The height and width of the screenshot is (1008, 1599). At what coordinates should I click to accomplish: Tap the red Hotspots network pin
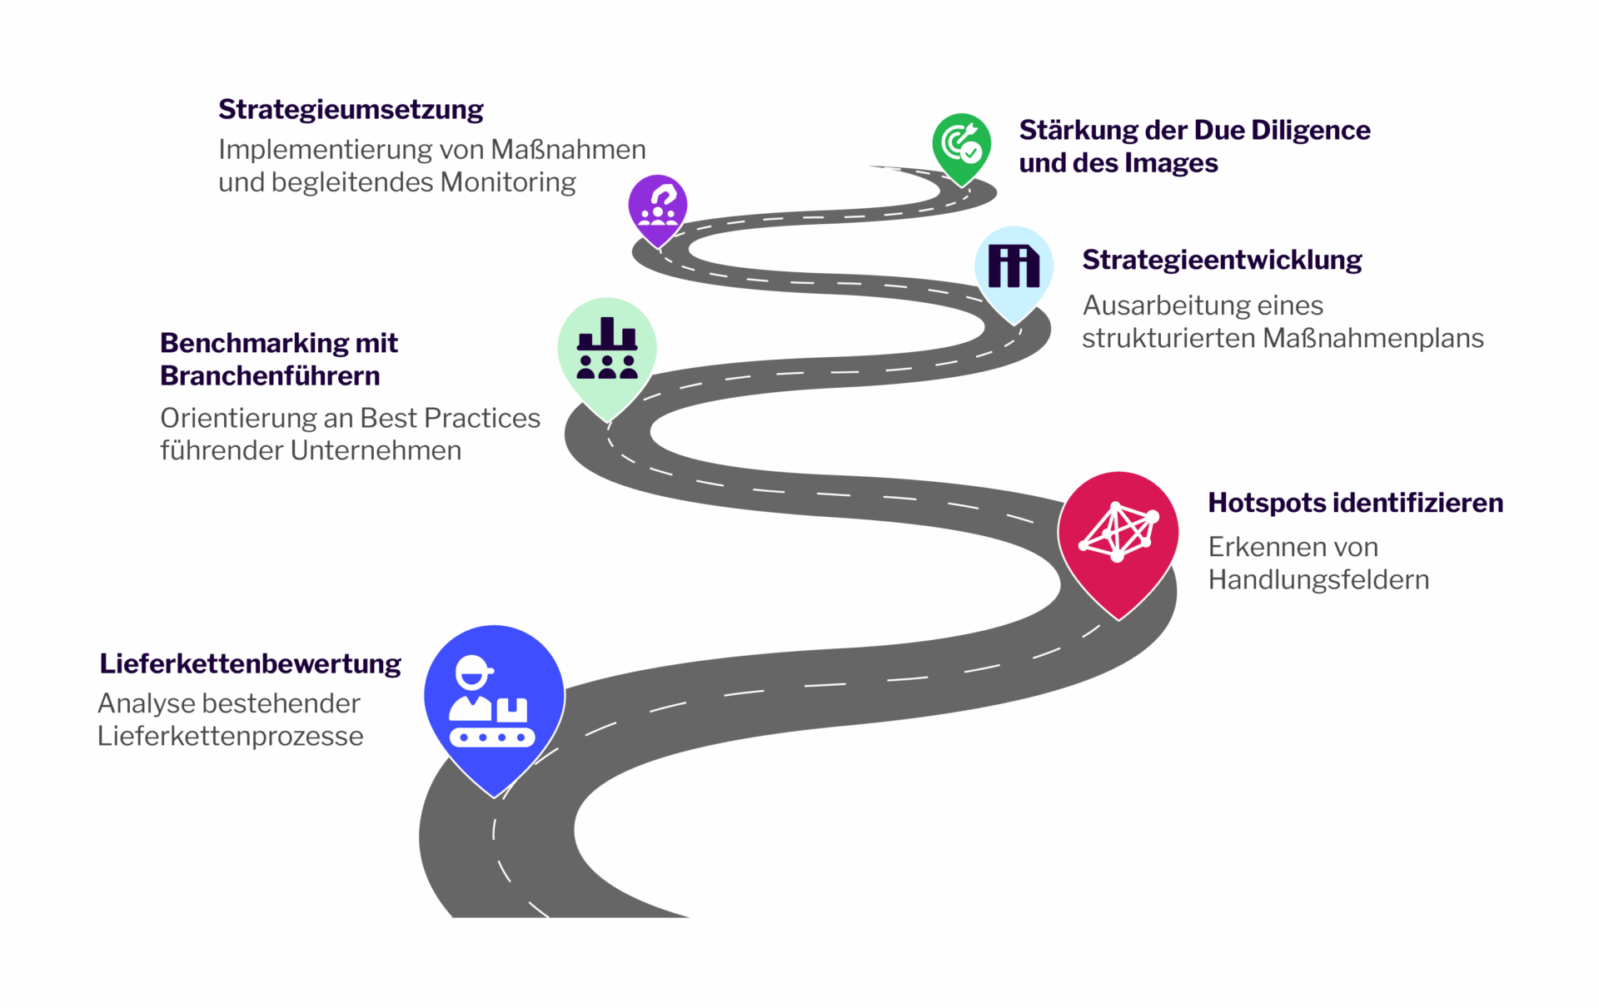pos(1118,537)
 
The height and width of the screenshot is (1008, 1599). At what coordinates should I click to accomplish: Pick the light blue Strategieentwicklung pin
pos(1014,268)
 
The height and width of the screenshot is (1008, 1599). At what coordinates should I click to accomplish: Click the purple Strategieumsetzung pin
pos(658,207)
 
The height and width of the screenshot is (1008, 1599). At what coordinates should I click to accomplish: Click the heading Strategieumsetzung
pos(351,110)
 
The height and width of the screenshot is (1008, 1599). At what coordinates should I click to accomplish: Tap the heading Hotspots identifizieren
pos(1355,503)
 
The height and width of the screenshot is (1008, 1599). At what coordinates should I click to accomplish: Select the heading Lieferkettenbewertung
pos(250,663)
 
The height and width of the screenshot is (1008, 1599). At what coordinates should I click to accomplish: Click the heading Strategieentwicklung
pos(1222,260)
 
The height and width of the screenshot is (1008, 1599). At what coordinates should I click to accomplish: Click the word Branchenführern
pos(270,375)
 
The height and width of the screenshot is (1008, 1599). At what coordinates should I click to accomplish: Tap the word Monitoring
pos(508,182)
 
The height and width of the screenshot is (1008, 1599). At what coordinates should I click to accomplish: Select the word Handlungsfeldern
pos(1318,579)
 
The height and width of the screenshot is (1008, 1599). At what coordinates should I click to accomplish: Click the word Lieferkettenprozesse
pos(231,736)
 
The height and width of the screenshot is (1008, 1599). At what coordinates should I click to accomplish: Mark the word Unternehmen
pos(376,450)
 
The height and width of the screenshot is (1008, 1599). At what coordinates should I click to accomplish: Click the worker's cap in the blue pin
pos(473,665)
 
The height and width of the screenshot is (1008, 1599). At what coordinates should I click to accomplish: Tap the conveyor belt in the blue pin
pos(492,737)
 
